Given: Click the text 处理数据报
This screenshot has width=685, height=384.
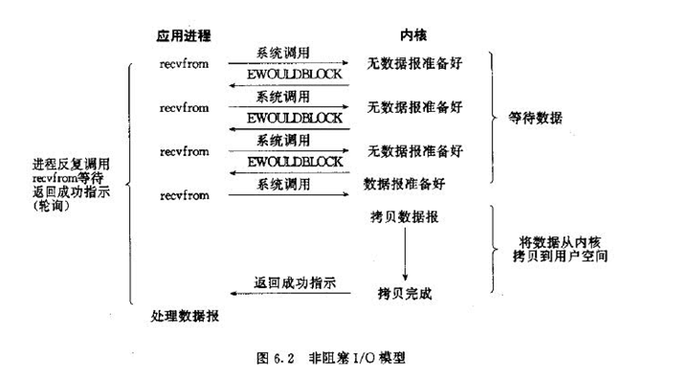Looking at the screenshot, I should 184,316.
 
